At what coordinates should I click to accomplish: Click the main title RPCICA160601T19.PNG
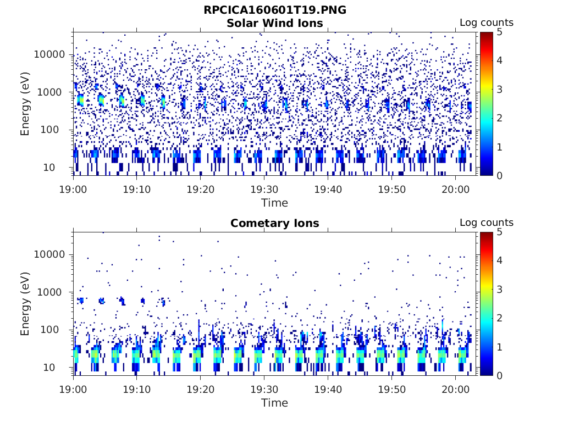coord(274,10)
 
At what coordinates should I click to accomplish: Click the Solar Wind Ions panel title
coord(274,23)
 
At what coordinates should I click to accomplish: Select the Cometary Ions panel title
coord(274,223)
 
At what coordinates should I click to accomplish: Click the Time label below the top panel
coord(274,203)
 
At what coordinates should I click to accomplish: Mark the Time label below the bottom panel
coord(274,403)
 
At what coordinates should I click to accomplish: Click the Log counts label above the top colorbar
coord(486,23)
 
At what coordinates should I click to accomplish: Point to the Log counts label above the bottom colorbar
coord(486,223)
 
